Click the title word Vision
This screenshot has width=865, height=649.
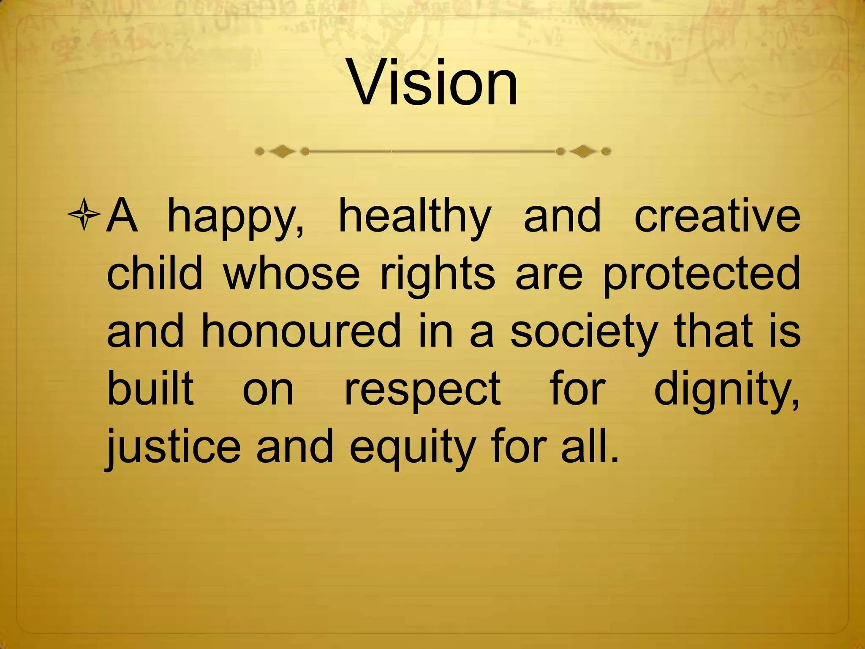point(432,82)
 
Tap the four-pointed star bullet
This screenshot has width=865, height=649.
point(84,215)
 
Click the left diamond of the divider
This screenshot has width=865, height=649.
point(282,151)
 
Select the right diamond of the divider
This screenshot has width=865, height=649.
point(583,151)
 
